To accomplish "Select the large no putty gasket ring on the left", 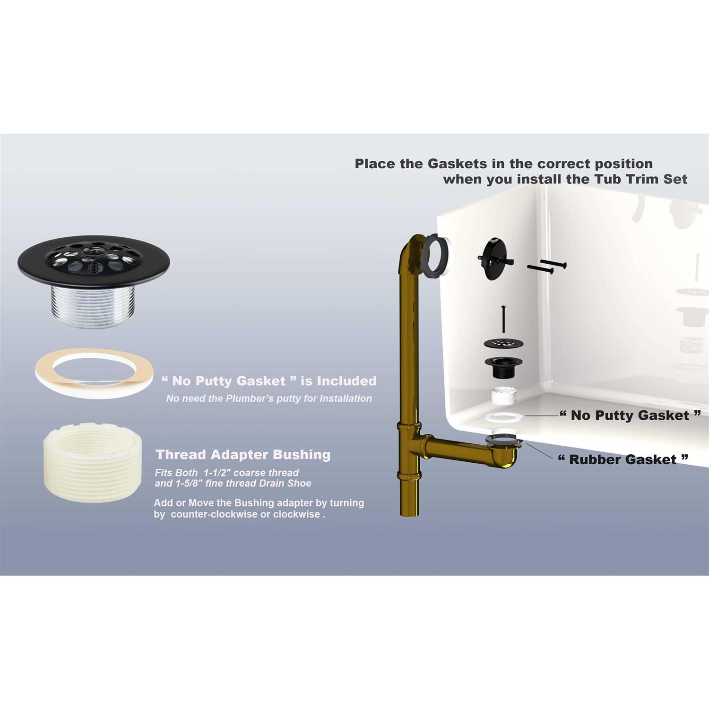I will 94,373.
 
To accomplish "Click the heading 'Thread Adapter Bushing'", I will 243,455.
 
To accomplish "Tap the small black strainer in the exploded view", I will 503,344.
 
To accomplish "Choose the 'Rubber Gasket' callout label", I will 623,459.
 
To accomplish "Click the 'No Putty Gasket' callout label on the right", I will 630,415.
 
